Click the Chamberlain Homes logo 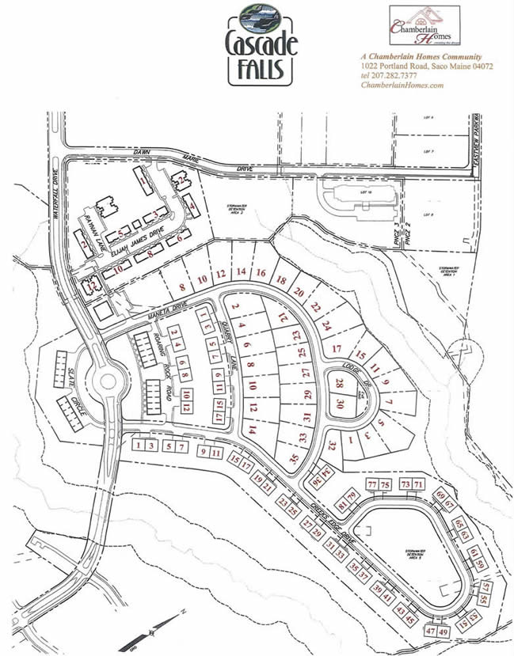pyautogui.click(x=424, y=26)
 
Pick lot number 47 pyautogui.click(x=431, y=631)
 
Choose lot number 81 pyautogui.click(x=341, y=506)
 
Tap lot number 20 pyautogui.click(x=299, y=292)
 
